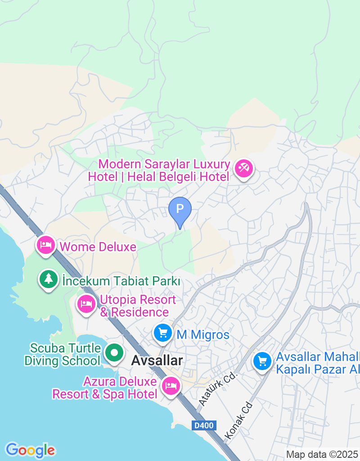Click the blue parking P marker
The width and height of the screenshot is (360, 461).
click(x=180, y=209)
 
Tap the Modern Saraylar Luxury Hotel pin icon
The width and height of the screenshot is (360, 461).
click(x=244, y=169)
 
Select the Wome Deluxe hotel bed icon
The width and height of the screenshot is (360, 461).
click(x=45, y=245)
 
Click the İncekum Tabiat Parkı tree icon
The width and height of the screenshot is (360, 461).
click(x=48, y=279)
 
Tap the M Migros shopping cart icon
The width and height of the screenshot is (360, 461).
click(x=162, y=333)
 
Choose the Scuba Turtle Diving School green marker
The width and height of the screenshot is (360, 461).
click(x=114, y=353)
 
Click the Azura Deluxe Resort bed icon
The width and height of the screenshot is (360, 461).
click(x=171, y=385)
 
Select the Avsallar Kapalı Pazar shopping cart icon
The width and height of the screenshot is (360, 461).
click(x=262, y=361)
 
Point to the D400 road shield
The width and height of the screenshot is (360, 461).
click(x=204, y=425)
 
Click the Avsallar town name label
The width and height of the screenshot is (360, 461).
click(x=157, y=361)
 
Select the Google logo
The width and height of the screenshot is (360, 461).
click(x=30, y=450)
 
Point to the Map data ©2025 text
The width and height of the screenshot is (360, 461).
click(x=322, y=454)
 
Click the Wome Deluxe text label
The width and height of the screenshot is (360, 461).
click(x=98, y=247)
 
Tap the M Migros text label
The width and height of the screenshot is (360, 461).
click(x=203, y=334)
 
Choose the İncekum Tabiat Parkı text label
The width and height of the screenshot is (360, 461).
click(x=121, y=281)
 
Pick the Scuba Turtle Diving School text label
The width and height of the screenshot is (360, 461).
click(x=63, y=354)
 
